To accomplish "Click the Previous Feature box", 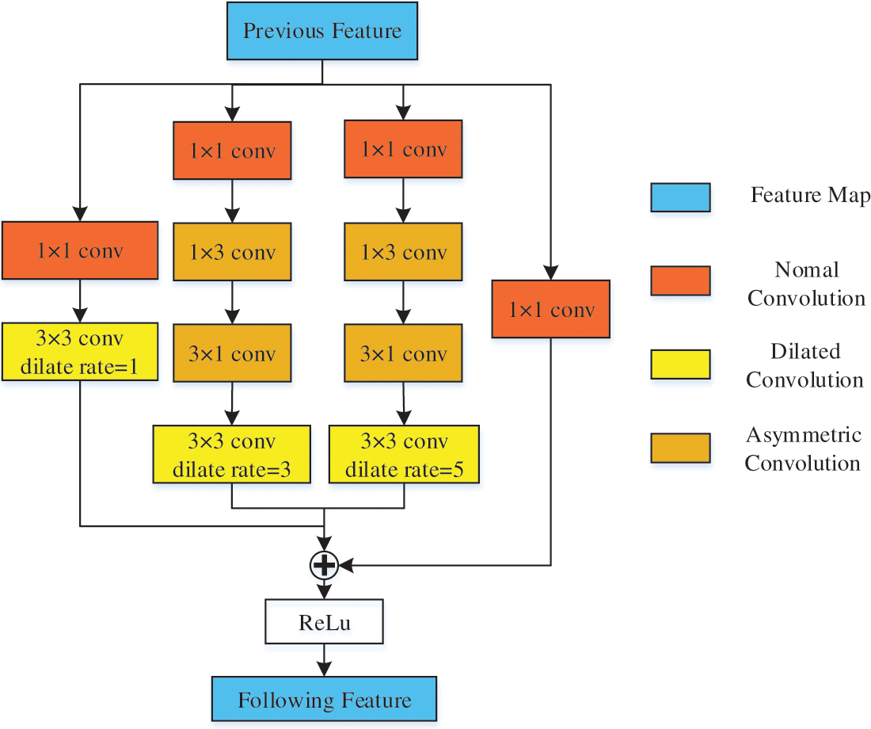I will coord(321,32).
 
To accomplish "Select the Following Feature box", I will coord(324,700).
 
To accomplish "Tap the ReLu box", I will coord(324,622).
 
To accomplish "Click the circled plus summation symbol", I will coord(324,564).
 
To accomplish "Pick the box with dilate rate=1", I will coord(80,351).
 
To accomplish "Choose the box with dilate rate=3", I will coord(231,454).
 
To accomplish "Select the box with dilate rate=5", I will coord(404,454).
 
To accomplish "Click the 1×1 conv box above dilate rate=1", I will coord(80,251).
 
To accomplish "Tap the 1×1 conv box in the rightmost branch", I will coord(551,309).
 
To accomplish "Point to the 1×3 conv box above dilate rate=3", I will coord(231,252).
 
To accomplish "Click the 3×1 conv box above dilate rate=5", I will coord(404,353).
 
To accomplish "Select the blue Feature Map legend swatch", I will coord(680,197).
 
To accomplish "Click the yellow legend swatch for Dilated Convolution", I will coord(680,364).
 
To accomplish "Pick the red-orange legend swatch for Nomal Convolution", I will coord(680,281).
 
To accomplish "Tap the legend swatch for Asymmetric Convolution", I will coord(680,448).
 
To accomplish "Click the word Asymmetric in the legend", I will coord(803,435).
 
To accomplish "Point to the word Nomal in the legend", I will coord(806,270).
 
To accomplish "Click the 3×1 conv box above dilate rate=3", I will coord(231,353).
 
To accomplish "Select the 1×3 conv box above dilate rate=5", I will coord(404,252).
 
